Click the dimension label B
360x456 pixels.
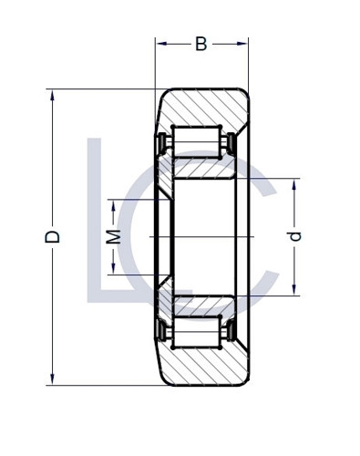click(201, 44)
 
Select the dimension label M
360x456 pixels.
click(112, 237)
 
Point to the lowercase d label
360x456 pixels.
click(293, 236)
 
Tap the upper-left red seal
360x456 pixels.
click(162, 144)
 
